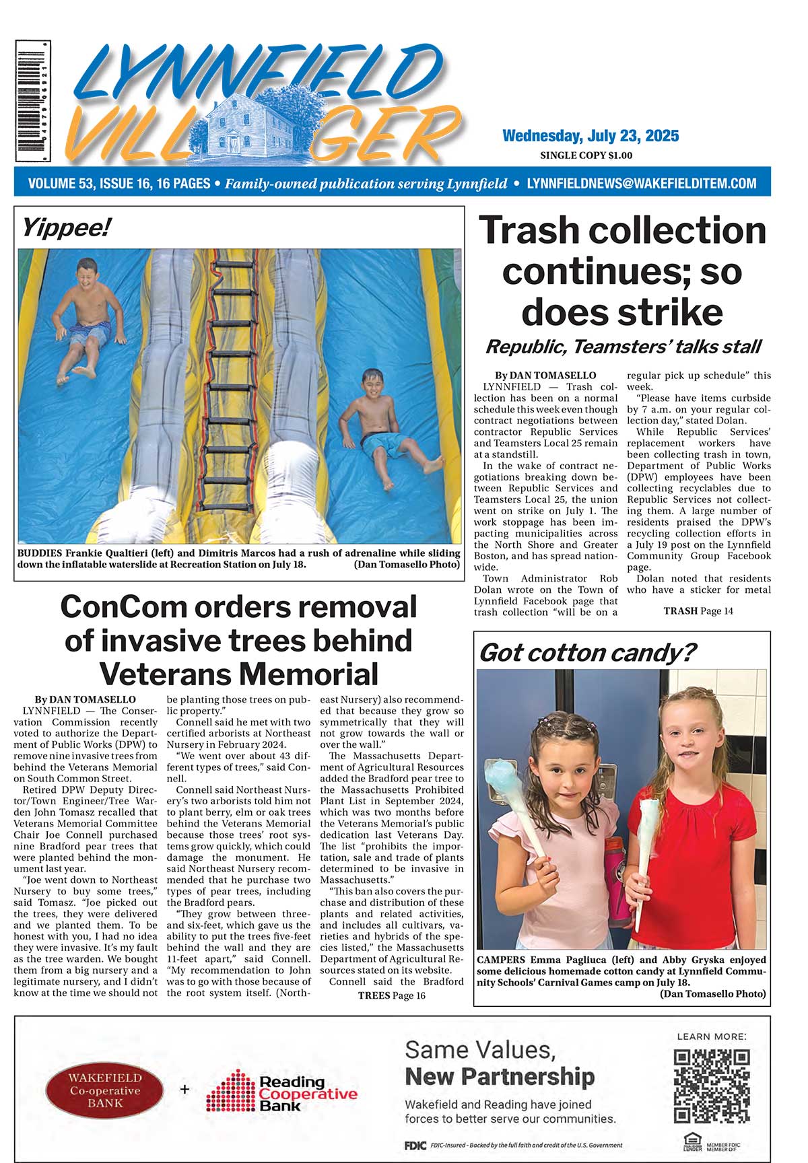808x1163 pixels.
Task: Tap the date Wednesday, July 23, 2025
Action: coord(591,136)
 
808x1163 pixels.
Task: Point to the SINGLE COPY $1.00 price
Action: coord(586,155)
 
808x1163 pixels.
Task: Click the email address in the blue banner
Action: coord(641,183)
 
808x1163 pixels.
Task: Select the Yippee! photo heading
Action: coord(65,228)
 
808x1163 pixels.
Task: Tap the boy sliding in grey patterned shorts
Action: coord(88,320)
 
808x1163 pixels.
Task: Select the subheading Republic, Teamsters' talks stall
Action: coord(623,347)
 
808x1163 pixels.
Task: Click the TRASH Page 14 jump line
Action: coord(698,611)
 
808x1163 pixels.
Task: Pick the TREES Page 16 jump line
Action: coord(391,995)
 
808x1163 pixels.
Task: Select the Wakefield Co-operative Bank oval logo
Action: coord(104,1090)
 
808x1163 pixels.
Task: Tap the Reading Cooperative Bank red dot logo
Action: coord(230,1091)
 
